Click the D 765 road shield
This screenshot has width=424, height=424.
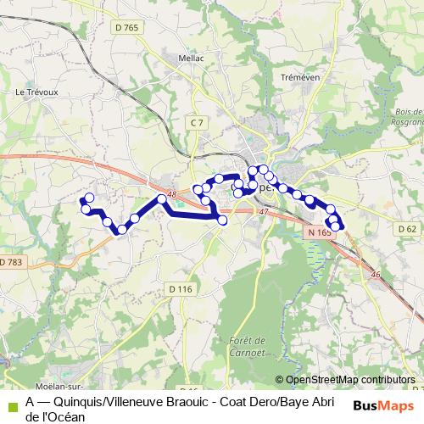tap(126, 27)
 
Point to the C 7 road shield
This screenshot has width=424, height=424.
tap(197, 124)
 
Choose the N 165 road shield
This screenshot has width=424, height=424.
tap(319, 232)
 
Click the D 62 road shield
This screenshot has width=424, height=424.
tap(407, 230)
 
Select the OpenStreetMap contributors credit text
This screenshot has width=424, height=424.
tap(350, 380)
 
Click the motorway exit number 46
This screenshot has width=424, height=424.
tap(377, 274)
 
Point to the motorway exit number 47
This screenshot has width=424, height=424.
tap(263, 211)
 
